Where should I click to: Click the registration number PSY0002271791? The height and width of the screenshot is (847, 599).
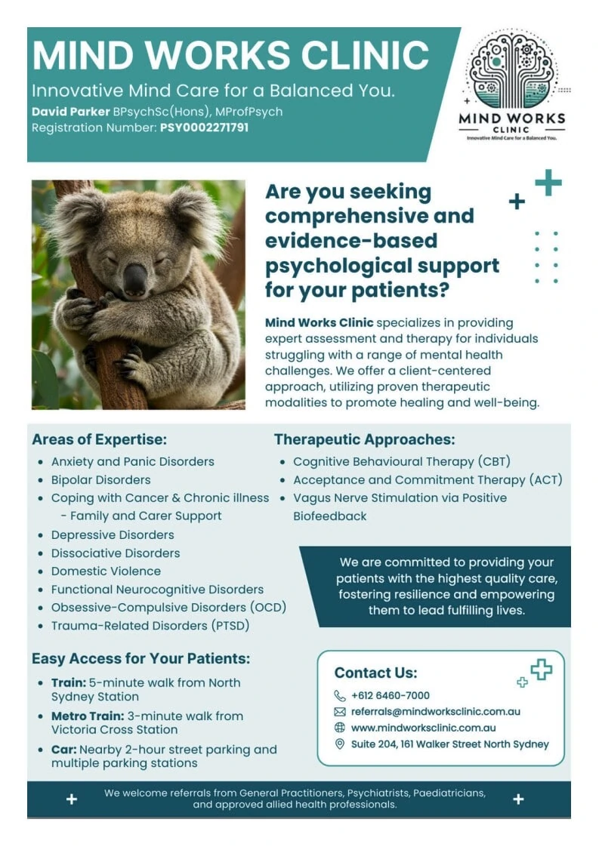click(205, 128)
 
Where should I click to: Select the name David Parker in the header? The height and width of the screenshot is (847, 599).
click(70, 112)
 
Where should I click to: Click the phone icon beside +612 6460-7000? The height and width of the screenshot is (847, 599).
click(339, 696)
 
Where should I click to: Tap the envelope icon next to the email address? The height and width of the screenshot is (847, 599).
click(339, 712)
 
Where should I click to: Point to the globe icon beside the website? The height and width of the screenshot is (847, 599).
click(339, 728)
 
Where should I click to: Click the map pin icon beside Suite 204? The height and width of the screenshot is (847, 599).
click(339, 744)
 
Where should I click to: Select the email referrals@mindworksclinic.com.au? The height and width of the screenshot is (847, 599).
click(436, 712)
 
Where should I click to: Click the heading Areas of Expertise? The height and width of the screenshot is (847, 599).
click(100, 439)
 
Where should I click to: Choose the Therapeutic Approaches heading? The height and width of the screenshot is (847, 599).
click(364, 439)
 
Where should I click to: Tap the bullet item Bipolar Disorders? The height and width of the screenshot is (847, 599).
click(101, 479)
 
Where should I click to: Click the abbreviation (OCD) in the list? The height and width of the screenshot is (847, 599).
click(268, 607)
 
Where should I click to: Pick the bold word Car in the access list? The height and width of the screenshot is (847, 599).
click(63, 750)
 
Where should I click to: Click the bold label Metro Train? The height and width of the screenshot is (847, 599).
click(88, 716)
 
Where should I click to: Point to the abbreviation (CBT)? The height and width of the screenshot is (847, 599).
click(494, 462)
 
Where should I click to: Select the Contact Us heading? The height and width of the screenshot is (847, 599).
click(375, 673)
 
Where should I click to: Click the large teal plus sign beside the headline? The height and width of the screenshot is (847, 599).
click(548, 183)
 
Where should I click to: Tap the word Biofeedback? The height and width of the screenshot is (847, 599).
click(330, 516)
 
